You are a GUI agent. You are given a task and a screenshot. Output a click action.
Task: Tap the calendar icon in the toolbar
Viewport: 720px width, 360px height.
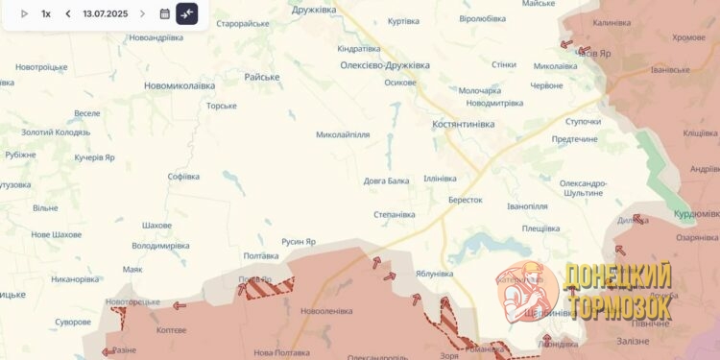[x=164, y=14]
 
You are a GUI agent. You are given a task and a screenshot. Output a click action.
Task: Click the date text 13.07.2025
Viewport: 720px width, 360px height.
[x=105, y=14]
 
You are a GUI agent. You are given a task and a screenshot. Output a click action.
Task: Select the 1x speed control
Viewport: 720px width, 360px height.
[x=46, y=14]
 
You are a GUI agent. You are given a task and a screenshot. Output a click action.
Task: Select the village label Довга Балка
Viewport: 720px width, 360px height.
[x=386, y=180]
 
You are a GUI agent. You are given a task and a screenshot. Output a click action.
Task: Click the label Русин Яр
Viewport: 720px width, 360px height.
[x=299, y=242]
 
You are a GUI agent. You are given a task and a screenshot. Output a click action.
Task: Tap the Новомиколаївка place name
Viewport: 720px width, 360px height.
[x=180, y=85]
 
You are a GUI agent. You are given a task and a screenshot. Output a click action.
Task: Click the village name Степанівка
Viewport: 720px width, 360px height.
[x=395, y=215]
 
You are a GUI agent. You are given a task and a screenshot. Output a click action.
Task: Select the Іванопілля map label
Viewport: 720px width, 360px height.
[x=527, y=206]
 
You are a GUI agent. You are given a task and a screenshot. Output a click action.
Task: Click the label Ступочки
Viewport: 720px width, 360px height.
[x=583, y=122]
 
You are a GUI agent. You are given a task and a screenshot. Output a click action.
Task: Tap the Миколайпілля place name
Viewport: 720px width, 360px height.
[x=343, y=134]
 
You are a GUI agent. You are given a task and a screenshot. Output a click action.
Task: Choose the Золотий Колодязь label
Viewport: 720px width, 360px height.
[x=56, y=132]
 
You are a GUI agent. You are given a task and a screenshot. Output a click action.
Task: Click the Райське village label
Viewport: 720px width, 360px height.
[x=262, y=77]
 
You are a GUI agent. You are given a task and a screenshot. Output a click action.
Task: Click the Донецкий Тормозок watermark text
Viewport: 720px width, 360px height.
[x=618, y=291]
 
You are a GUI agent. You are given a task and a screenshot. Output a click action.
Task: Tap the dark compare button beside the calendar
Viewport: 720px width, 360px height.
[x=187, y=14]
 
